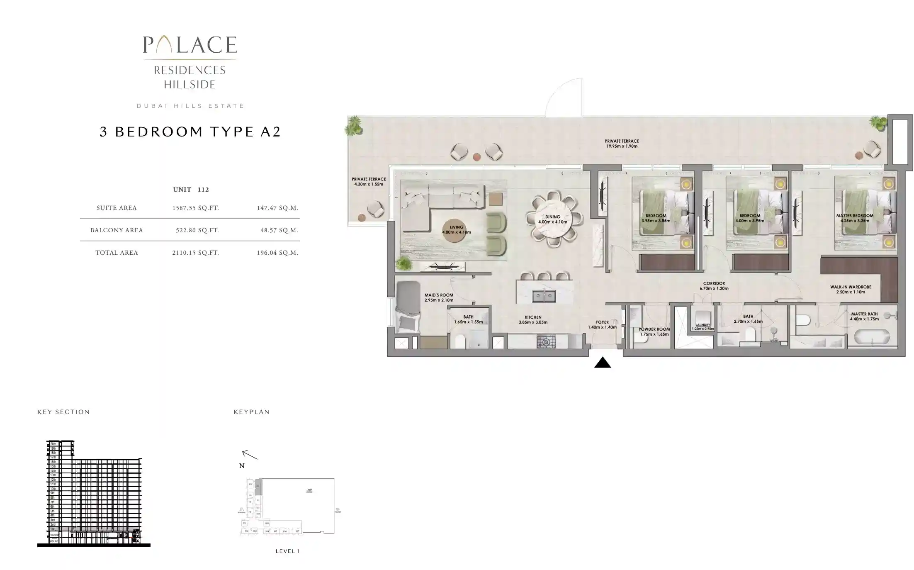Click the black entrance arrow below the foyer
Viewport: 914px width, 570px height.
(x=602, y=363)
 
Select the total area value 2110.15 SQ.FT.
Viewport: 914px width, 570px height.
(x=195, y=253)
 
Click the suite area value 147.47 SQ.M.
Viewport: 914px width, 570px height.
(x=277, y=208)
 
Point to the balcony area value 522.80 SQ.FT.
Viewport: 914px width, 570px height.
(x=197, y=230)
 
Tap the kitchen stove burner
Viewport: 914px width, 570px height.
(x=546, y=342)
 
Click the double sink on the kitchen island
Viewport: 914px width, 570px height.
(x=544, y=296)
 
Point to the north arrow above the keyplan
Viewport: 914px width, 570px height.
(x=250, y=455)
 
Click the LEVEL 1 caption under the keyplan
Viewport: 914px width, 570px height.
(x=287, y=551)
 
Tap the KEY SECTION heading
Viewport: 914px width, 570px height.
(x=63, y=412)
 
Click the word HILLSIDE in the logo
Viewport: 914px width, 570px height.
(x=190, y=85)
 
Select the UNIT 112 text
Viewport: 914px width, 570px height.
(x=191, y=190)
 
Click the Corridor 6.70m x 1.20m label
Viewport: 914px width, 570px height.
(x=714, y=286)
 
